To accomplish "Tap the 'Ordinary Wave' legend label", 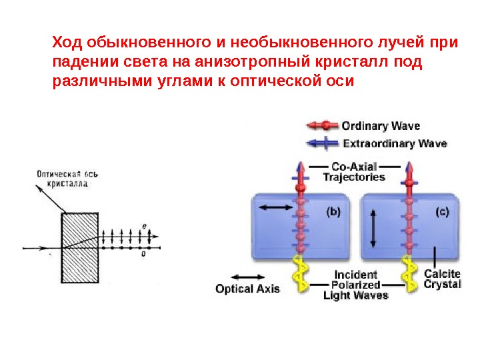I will [382, 125].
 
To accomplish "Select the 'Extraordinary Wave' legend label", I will [395, 143].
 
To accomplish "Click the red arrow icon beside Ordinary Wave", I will [323, 125].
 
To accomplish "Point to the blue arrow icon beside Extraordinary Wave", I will [323, 143].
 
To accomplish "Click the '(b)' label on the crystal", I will [333, 213].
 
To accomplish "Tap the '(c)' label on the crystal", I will [442, 213].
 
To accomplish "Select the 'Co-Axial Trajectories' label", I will [354, 172].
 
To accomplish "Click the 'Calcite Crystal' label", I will [442, 279].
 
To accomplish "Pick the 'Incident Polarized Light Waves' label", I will [355, 285].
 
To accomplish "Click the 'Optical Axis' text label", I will [247, 289].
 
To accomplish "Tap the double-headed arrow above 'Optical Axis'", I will [247, 276].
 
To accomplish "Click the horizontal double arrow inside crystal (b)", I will [275, 208].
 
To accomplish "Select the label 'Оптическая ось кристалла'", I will [67, 179].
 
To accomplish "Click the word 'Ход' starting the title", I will [66, 43].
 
